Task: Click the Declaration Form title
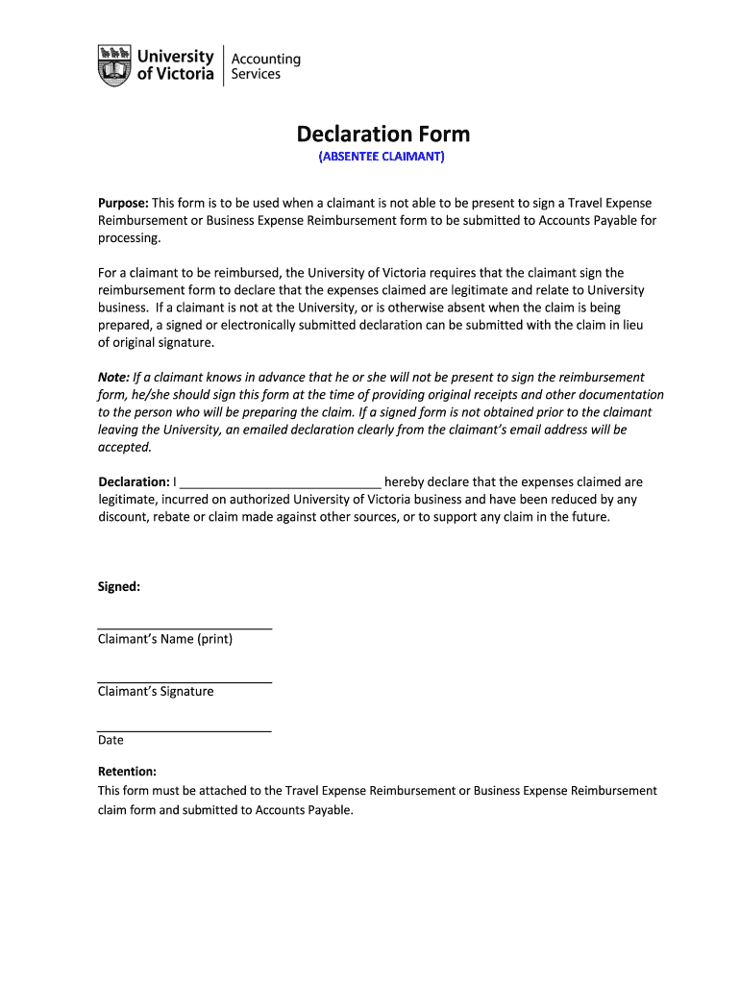382,134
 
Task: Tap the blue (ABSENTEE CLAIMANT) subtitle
382,157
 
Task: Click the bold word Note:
113,378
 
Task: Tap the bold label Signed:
119,586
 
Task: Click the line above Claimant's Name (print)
185,628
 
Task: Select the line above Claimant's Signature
185,681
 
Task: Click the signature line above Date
185,731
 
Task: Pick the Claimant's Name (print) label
165,639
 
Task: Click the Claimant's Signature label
156,691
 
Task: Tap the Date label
111,740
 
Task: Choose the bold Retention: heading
127,771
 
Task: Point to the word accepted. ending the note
125,447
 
